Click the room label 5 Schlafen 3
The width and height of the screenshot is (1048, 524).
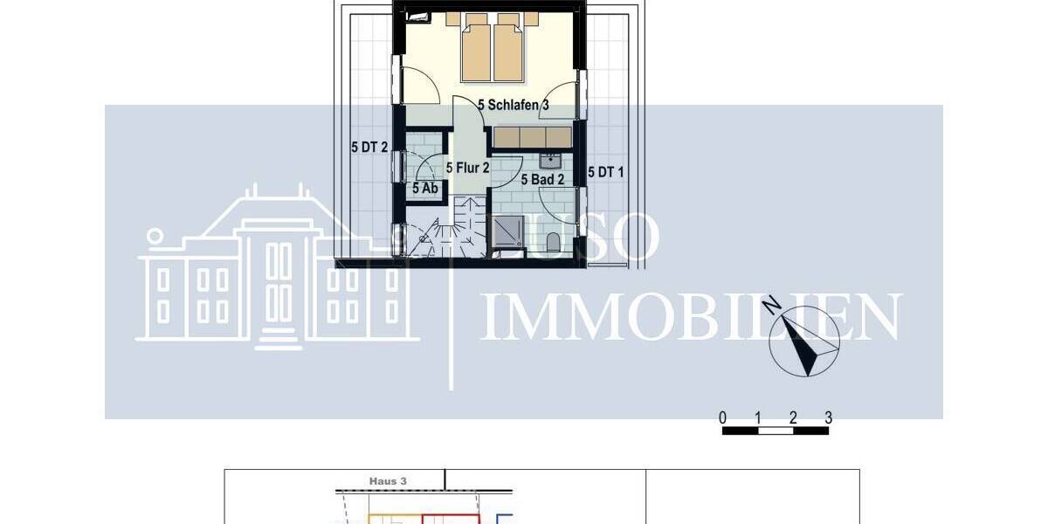pyautogui.click(x=514, y=105)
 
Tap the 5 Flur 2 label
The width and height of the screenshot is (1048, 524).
pyautogui.click(x=466, y=167)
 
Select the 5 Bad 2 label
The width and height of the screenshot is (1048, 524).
pyautogui.click(x=542, y=180)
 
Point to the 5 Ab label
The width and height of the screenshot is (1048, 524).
pyautogui.click(x=424, y=187)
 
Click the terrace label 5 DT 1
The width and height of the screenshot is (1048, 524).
pyautogui.click(x=606, y=172)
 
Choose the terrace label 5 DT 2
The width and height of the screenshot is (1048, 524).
pyautogui.click(x=369, y=148)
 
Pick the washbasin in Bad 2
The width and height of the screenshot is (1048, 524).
pyautogui.click(x=550, y=160)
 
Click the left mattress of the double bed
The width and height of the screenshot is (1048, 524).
pyautogui.click(x=476, y=52)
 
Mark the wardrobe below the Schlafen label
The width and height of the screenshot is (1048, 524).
pyautogui.click(x=532, y=137)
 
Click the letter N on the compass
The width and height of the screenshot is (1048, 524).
pyautogui.click(x=771, y=305)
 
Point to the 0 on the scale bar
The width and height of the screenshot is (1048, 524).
pyautogui.click(x=723, y=417)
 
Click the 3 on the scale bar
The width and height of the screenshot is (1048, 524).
pyautogui.click(x=827, y=417)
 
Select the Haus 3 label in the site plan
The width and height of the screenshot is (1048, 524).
pyautogui.click(x=389, y=480)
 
